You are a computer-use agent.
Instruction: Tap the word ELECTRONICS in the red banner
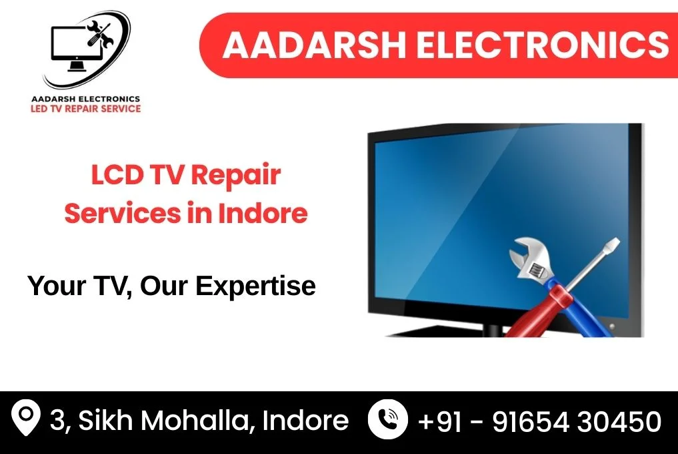(x=543, y=45)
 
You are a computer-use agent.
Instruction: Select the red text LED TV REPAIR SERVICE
(x=85, y=109)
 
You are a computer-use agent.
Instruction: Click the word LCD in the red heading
(x=117, y=174)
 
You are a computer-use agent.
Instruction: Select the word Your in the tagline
(x=56, y=286)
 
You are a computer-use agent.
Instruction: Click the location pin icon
(x=26, y=417)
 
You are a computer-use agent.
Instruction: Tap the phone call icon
(x=387, y=419)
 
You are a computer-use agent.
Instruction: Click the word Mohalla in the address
(x=195, y=420)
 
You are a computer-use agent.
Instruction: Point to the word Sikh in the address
(x=105, y=420)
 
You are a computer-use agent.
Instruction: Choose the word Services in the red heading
(x=123, y=213)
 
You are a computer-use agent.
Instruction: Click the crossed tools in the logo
(x=100, y=34)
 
